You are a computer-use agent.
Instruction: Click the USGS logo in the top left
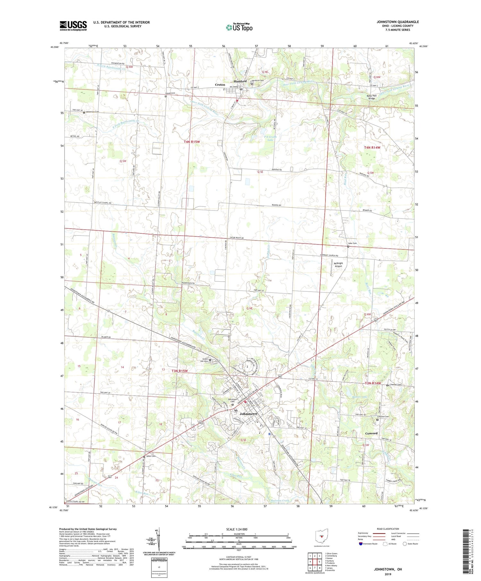click(x=73, y=26)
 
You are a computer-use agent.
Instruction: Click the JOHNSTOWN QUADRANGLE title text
click(x=398, y=22)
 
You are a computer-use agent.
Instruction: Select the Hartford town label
click(x=240, y=81)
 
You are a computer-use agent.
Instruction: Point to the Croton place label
click(x=220, y=85)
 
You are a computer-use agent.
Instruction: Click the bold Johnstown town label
click(x=249, y=414)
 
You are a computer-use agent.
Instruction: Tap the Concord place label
click(x=371, y=433)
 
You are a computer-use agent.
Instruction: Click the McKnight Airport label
click(x=338, y=265)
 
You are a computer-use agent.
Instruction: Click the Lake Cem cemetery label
click(x=352, y=243)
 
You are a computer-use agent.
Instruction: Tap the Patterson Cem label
click(x=92, y=112)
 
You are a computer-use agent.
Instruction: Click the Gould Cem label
click(x=170, y=93)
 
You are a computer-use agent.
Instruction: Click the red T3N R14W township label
click(x=373, y=383)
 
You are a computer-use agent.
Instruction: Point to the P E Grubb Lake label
click(x=270, y=138)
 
